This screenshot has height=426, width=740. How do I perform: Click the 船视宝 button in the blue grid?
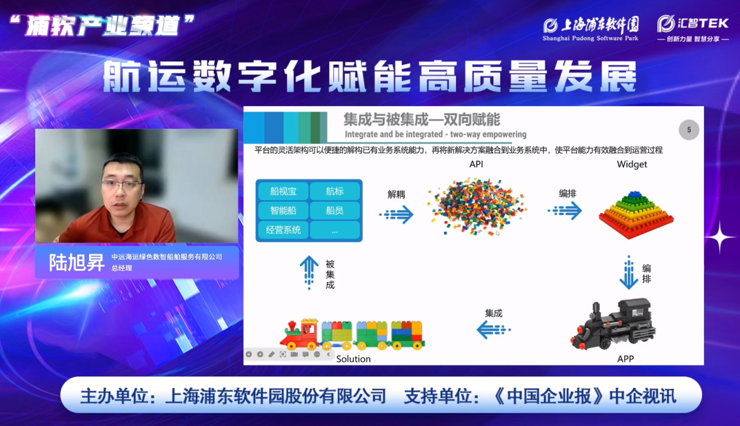[x=283, y=191]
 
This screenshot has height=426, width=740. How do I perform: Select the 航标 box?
[x=334, y=191]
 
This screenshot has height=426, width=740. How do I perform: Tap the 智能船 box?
[x=283, y=210]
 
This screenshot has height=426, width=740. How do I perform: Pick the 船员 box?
[x=334, y=210]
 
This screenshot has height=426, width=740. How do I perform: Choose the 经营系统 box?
[x=283, y=230]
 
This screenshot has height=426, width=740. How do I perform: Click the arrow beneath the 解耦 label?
[x=397, y=214]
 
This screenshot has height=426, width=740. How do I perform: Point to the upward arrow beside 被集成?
[x=309, y=272]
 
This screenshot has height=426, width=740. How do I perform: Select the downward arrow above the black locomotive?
[x=629, y=272]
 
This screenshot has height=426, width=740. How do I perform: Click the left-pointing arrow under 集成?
[x=494, y=329]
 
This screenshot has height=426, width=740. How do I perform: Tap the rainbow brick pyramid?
[x=636, y=214]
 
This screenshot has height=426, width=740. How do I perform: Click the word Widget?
[x=632, y=164]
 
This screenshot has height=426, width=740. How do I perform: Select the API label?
[x=476, y=164]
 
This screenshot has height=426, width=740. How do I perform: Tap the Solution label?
[x=354, y=359]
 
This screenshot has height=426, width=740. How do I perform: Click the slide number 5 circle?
[x=688, y=130]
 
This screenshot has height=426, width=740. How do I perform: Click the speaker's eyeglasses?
[x=122, y=185]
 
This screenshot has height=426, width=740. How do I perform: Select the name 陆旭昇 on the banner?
[x=77, y=263]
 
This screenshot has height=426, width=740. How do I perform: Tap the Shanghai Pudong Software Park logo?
[x=590, y=28]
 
